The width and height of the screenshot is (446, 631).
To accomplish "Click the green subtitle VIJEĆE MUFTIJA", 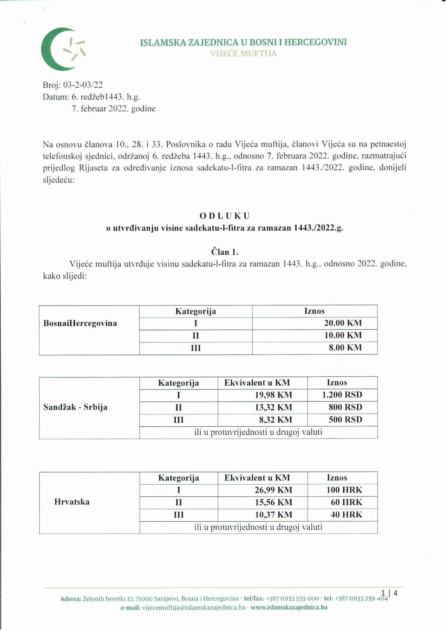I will tap(243, 53).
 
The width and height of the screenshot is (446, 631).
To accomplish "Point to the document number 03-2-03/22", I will tap(83, 85).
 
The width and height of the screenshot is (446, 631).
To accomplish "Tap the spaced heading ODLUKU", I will tap(225, 216).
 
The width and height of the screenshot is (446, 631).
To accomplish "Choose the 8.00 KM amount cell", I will tap(345, 347).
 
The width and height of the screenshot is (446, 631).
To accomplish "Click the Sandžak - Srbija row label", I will tap(75, 407).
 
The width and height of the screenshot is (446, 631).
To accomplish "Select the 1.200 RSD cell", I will tap(342, 395).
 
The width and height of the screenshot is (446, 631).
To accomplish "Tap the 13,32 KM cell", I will tap(274, 407).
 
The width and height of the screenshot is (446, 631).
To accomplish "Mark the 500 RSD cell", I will tap(346, 419).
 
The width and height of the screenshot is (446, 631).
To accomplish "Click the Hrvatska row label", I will tap(72, 502).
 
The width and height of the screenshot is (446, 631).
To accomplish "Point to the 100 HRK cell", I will tap(344, 490).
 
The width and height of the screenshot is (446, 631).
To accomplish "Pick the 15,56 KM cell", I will tap(274, 502).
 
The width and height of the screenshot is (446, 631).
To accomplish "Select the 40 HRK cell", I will tap(347, 514).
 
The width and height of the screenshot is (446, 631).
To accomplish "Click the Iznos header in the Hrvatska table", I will tap(337, 477).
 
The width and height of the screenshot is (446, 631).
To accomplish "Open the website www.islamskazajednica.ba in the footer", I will tap(289, 607).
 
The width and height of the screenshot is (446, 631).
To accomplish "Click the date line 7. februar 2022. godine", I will tap(114, 109).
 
